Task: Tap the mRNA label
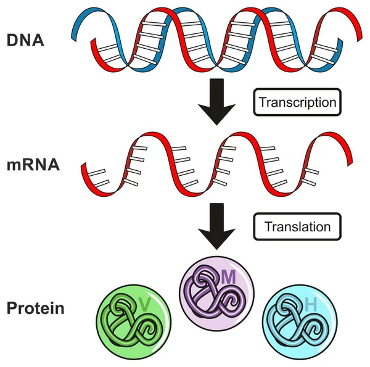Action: pos(33,166)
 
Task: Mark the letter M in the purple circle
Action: pos(229,278)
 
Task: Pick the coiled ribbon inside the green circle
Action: pos(129,324)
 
